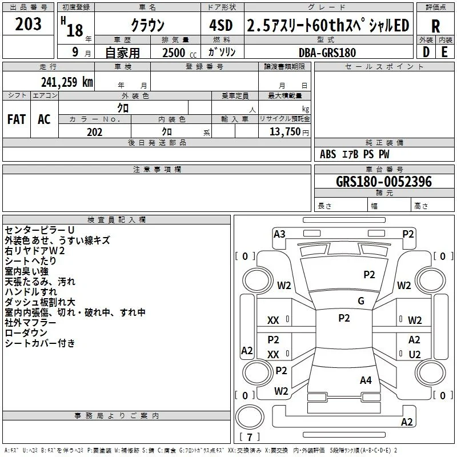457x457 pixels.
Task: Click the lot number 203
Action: click(x=28, y=24)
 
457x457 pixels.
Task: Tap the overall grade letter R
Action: click(x=435, y=26)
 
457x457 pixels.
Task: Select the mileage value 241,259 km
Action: click(x=67, y=82)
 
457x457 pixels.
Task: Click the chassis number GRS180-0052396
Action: click(x=384, y=182)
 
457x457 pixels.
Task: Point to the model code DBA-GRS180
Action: click(x=327, y=53)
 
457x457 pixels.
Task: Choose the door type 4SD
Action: click(x=221, y=25)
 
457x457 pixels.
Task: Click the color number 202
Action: click(x=94, y=132)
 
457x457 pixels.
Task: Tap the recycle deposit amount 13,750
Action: click(x=285, y=131)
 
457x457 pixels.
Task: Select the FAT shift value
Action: click(x=17, y=119)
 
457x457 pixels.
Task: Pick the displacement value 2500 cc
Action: click(x=179, y=53)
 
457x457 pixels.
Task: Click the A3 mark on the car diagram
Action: click(x=279, y=234)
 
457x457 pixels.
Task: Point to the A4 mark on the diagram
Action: click(x=366, y=380)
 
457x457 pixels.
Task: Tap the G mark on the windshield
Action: click(x=361, y=300)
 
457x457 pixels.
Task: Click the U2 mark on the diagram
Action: click(x=415, y=354)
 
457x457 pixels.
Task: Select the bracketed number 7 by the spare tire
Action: click(x=250, y=437)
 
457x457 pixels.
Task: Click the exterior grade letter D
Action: click(x=426, y=52)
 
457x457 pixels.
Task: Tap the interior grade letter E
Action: click(x=444, y=52)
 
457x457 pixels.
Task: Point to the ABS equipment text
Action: click(x=328, y=154)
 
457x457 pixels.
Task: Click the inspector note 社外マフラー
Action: click(x=30, y=323)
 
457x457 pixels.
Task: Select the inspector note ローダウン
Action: click(x=26, y=333)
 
